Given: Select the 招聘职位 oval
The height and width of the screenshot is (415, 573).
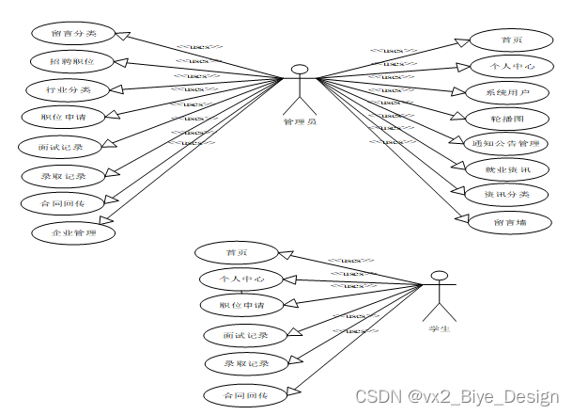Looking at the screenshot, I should (x=72, y=61).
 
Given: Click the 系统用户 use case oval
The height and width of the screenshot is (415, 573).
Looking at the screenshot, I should (x=507, y=92).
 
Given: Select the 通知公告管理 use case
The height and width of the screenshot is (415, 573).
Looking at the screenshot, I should (x=507, y=143).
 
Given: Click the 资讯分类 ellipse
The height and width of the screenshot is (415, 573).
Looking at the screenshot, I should (x=507, y=194).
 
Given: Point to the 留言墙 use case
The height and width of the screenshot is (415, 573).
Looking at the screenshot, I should (x=508, y=222).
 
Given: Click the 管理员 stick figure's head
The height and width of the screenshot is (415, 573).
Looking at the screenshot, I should (x=300, y=69).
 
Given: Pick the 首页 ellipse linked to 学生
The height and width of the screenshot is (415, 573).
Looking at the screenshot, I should (x=236, y=252).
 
